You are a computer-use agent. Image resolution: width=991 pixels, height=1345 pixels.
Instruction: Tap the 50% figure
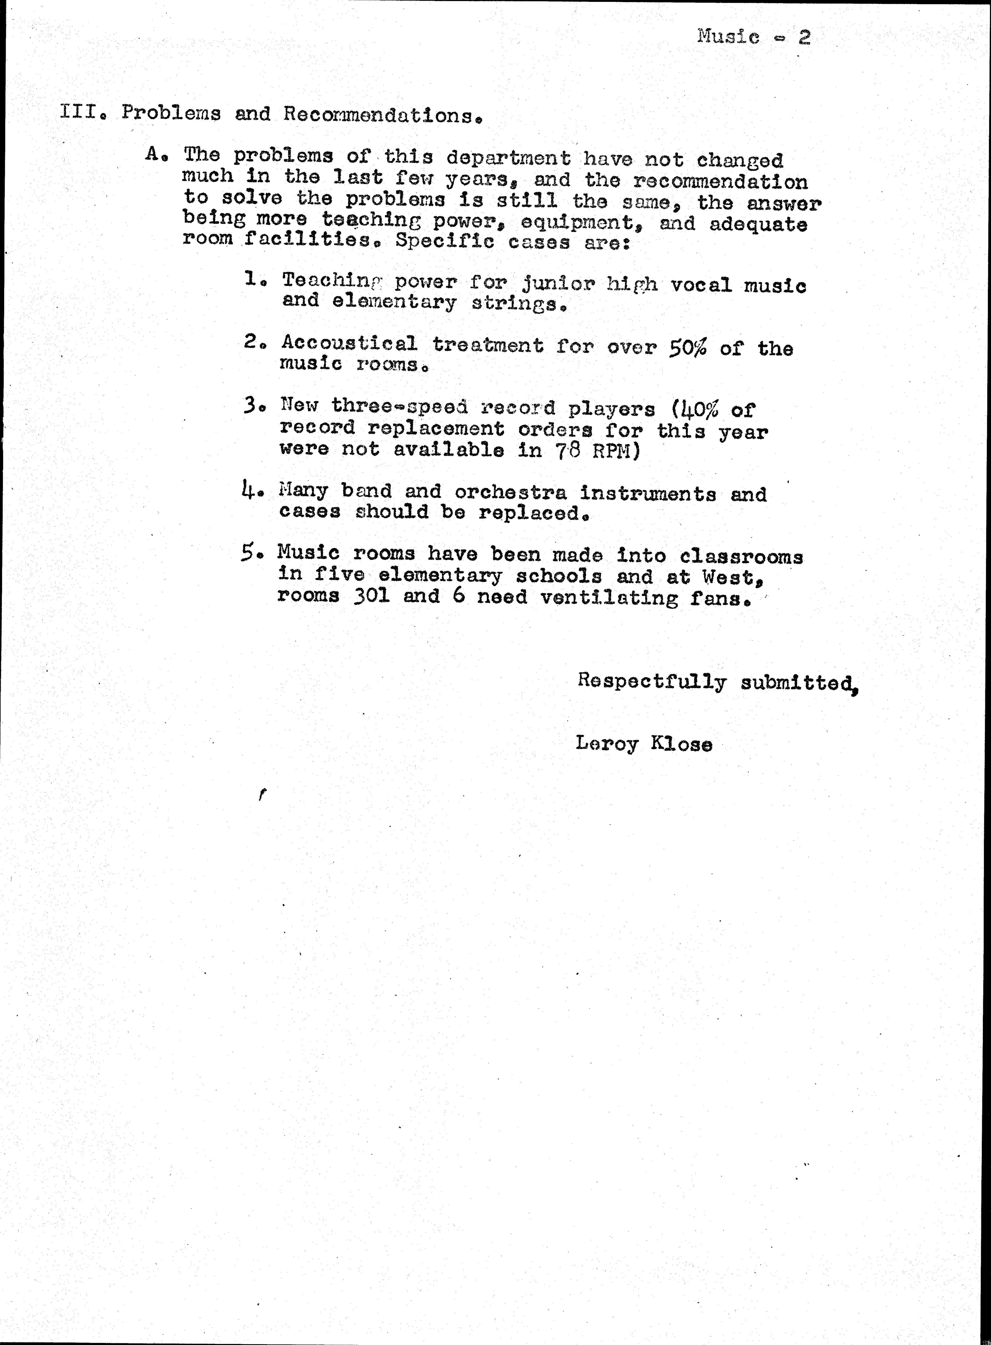pyautogui.click(x=687, y=348)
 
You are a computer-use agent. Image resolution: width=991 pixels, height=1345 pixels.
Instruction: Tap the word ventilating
pyautogui.click(x=608, y=598)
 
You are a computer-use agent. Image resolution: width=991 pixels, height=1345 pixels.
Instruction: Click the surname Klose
pyautogui.click(x=682, y=744)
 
